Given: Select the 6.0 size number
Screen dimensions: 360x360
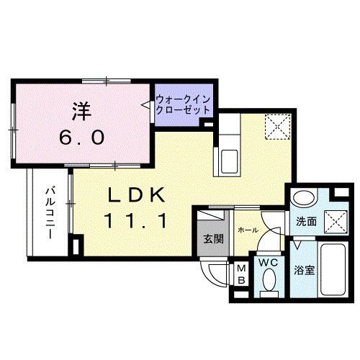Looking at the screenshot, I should [x=81, y=135].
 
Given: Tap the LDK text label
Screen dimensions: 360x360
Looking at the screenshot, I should [x=138, y=195].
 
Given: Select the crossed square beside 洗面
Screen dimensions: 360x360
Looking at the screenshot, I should [x=332, y=220].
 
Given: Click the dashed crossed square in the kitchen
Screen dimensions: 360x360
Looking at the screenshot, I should [x=276, y=127].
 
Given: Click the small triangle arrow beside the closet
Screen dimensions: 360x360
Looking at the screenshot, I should [x=148, y=106].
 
